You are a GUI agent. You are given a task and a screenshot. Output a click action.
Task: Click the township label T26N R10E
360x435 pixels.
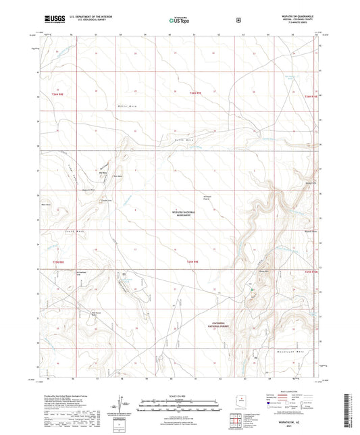pos(309,98)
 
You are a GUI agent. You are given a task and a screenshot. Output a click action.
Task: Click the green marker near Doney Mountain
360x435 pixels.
pos(252,290)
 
